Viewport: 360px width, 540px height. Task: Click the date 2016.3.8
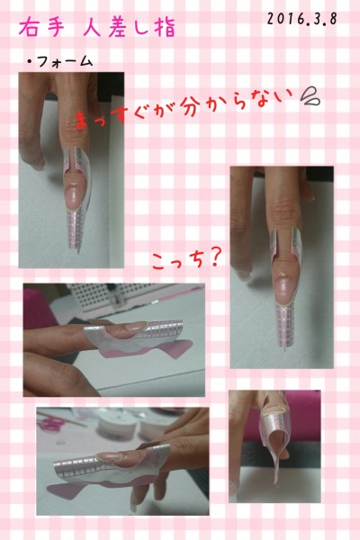[x=301, y=19]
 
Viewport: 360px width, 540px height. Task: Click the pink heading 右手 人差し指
[x=97, y=28]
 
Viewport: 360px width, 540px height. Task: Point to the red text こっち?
[x=185, y=260]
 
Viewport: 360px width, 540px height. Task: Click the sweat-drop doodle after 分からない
[x=310, y=97]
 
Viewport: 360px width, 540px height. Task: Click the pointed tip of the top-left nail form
[x=78, y=252]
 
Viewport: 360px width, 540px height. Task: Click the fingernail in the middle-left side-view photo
[x=135, y=326]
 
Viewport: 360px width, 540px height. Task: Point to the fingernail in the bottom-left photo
[x=114, y=456]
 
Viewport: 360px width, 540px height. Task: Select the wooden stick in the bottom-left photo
[x=62, y=418]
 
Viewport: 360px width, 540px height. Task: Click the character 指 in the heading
[x=166, y=28]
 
